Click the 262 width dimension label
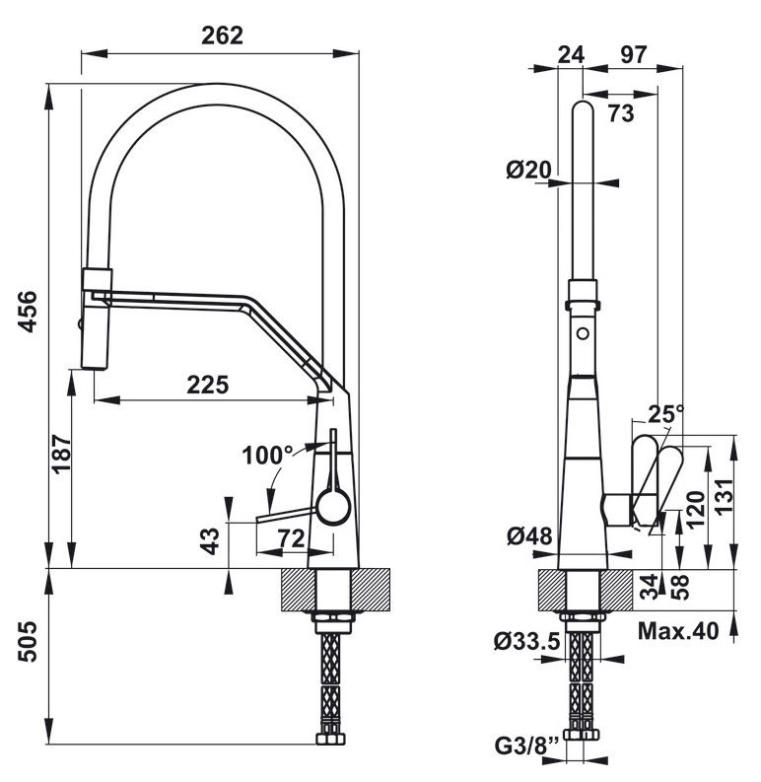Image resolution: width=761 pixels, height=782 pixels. pos(221,35)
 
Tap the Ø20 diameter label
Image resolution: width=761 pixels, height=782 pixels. pos(528,170)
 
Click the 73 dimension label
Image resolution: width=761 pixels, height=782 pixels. pos(620,113)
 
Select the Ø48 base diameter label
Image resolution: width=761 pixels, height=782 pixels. pos(528,536)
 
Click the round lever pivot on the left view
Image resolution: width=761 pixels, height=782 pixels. pos(332,508)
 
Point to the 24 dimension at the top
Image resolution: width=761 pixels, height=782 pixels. pos(570,54)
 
